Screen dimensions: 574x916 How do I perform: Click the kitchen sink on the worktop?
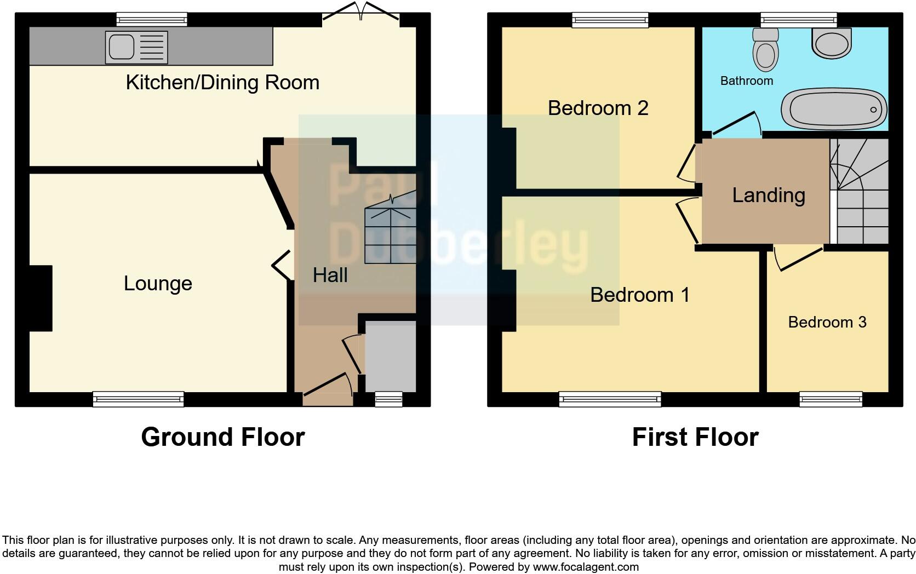coord(122,47)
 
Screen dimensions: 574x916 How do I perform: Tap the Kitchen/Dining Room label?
coord(222,83)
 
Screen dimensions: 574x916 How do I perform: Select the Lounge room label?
coord(158,284)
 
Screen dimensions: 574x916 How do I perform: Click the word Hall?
coord(330,275)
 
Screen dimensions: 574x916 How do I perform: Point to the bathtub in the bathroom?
coord(833,110)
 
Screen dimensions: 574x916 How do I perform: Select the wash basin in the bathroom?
coord(832,43)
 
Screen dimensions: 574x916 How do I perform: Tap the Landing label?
coord(768,196)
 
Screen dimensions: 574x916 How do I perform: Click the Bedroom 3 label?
coord(827,322)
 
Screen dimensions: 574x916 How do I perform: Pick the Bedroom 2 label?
coord(598,108)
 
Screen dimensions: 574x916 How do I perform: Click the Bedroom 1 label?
coord(639,295)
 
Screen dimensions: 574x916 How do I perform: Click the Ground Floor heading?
coord(222,437)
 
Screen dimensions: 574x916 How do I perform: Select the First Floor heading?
coord(695,437)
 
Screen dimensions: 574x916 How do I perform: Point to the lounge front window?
coord(138,399)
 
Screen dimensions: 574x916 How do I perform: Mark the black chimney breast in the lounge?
coord(41,299)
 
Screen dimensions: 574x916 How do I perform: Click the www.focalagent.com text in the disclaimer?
coord(586,567)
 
